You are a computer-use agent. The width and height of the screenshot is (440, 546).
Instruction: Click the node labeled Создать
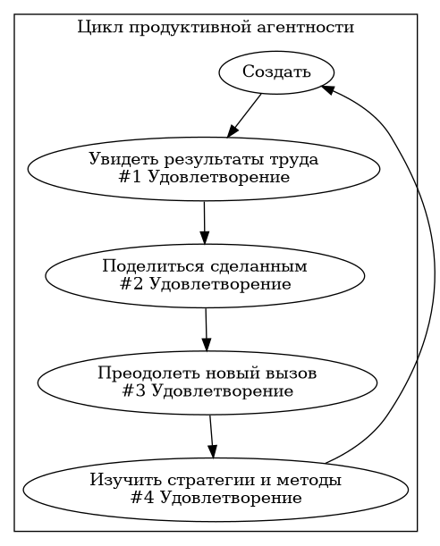pos(276,72)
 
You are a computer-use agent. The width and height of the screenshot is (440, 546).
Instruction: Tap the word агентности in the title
pos(306,28)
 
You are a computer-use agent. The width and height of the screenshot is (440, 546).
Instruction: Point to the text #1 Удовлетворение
pos(204,177)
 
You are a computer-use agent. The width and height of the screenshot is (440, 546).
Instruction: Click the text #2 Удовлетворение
pos(205,284)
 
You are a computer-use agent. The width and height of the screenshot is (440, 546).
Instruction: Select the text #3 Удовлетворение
pos(207,391)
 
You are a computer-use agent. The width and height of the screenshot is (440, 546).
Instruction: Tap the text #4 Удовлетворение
pos(216,498)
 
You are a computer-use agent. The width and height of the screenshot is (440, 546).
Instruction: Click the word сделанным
pos(258,267)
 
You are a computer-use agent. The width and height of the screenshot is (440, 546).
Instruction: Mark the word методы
pos(309,481)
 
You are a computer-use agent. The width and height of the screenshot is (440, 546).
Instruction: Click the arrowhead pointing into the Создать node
pos(327,89)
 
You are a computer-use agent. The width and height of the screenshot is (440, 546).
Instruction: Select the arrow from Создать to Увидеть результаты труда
pos(244,115)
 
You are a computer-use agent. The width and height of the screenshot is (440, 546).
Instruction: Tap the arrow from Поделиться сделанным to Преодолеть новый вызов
pos(206,330)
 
